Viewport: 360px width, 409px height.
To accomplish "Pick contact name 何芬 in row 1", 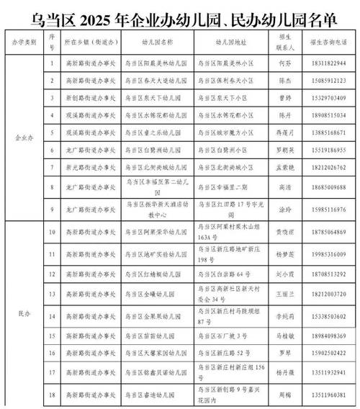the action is [x=283, y=64].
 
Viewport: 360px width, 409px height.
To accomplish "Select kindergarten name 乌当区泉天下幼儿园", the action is [x=153, y=98].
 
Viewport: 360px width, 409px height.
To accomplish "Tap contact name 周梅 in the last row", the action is [x=283, y=394].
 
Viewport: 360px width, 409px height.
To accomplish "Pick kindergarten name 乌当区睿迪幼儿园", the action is [x=153, y=394].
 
